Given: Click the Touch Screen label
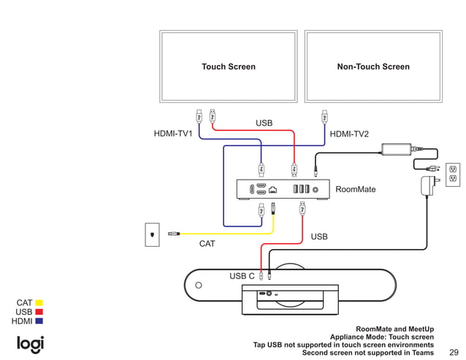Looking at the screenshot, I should point(229,66).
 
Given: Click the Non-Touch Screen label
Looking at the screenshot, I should point(373,66).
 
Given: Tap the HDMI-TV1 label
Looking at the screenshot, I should point(173,134).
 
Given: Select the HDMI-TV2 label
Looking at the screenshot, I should point(349,134).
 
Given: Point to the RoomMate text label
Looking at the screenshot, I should point(355,189).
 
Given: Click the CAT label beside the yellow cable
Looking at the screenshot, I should point(207,244).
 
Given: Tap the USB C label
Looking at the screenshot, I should point(242,276).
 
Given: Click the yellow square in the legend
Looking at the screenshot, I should point(39,302).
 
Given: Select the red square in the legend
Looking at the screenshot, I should point(39,312).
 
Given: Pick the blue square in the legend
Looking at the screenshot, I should point(39,321).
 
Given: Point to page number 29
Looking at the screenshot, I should point(454,352).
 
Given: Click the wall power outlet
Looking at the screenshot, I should point(452,173).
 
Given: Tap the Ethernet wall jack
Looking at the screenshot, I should point(152,234).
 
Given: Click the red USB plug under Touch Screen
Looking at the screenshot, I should point(213,115).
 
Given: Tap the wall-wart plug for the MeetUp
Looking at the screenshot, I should point(426,185).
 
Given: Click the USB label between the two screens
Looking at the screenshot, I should point(264,123).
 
